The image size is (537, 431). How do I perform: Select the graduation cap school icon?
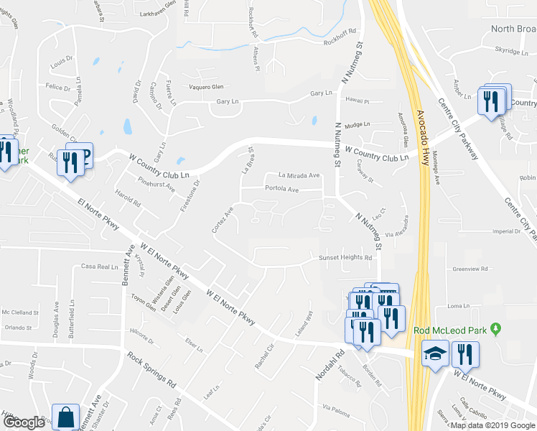(x=434, y=355)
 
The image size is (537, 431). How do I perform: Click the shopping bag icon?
(x=66, y=417)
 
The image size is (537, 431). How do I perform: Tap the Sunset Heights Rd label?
(x=345, y=258)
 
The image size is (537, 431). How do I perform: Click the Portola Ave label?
(x=281, y=190)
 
